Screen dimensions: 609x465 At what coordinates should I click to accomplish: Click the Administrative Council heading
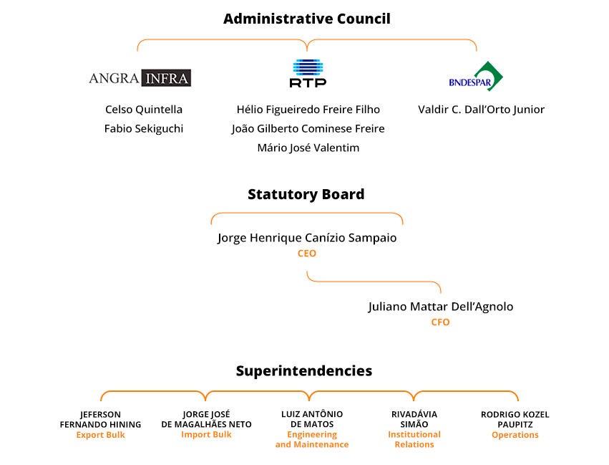307,19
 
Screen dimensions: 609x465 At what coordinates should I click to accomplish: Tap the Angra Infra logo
140,78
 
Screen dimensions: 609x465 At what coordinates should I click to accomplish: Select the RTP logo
308,73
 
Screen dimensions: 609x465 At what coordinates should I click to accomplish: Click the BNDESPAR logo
476,76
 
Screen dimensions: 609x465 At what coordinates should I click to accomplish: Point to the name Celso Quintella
144,109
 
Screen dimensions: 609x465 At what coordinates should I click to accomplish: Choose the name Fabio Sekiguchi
144,129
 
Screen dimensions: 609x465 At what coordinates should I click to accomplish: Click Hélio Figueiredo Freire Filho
308,109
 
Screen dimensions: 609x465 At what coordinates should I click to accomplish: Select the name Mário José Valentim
308,148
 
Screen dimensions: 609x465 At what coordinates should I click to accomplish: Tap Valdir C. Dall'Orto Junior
481,109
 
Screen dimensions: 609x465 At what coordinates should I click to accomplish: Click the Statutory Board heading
306,194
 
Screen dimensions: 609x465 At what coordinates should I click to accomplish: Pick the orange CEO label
307,254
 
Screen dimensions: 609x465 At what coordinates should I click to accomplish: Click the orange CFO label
440,322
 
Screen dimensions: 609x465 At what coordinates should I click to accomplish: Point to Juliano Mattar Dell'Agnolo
441,307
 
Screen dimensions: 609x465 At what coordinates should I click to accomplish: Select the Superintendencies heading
304,371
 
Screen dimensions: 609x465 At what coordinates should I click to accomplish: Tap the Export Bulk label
101,435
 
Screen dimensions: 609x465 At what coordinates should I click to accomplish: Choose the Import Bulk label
206,435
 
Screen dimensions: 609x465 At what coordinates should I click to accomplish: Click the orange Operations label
515,435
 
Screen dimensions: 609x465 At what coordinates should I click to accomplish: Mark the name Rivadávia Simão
414,419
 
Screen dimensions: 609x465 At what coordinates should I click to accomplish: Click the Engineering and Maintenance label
312,439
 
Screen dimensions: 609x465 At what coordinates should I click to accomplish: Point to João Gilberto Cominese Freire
308,129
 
